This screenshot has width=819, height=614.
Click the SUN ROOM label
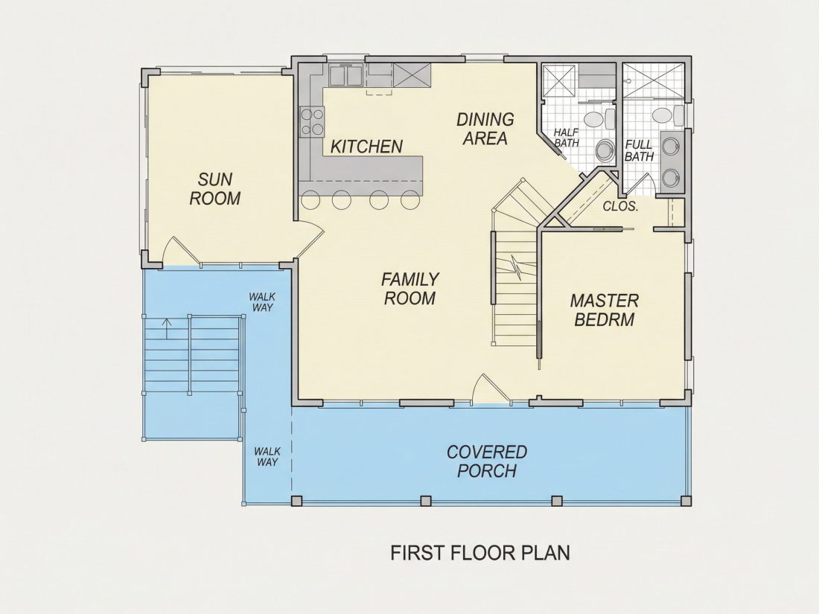click(214, 189)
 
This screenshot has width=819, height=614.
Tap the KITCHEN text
click(366, 147)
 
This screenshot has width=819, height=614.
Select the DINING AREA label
click(485, 129)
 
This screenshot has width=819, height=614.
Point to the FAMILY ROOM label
click(410, 289)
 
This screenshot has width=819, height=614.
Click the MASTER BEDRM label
click(605, 310)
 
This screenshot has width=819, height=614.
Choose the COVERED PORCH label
click(487, 461)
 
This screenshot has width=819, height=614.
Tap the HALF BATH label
click(566, 138)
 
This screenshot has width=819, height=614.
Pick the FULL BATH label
click(639, 150)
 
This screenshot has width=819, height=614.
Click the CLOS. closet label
click(620, 206)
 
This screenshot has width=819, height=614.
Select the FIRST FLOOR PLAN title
click(480, 552)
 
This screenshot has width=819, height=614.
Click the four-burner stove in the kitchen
click(312, 121)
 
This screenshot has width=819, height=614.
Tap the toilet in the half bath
click(599, 120)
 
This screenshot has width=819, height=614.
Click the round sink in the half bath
click(605, 151)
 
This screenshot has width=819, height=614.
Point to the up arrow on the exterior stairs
click(167, 329)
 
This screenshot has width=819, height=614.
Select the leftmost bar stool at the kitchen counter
click(310, 199)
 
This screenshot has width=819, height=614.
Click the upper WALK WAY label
click(262, 302)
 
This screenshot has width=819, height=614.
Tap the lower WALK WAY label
click(267, 457)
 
